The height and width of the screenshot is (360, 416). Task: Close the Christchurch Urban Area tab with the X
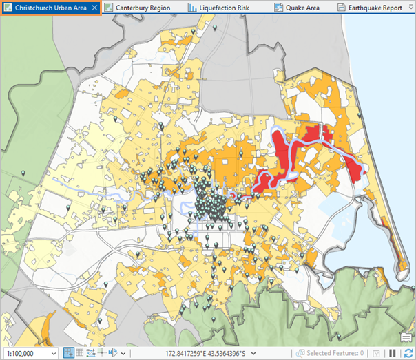(94, 8)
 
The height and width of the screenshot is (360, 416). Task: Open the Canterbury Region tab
(138, 8)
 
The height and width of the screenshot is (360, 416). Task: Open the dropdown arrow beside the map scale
(54, 353)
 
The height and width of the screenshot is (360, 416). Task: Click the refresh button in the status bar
(409, 353)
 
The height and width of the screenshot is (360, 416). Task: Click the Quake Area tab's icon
(278, 8)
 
